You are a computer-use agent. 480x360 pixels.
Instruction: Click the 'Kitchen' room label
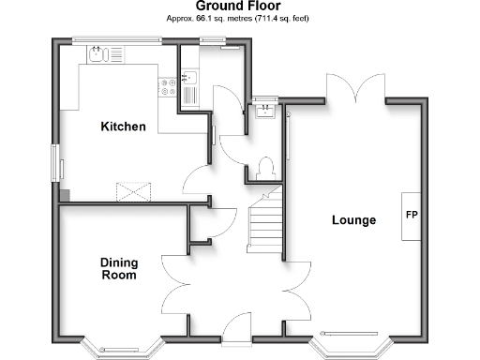[x=123, y=126]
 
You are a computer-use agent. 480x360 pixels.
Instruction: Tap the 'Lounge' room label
[x=353, y=220]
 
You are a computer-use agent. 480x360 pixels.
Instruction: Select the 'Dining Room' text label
[x=119, y=269]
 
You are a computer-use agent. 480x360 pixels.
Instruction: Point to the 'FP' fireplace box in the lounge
[x=411, y=215]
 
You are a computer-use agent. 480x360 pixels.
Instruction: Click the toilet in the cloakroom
[x=264, y=167]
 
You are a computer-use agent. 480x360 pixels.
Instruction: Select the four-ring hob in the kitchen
[x=169, y=86]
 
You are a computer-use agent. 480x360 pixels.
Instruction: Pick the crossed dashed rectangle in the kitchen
[x=136, y=190]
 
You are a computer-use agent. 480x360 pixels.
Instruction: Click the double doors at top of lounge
[x=355, y=88]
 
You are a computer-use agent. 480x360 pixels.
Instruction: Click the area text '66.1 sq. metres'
[x=208, y=18]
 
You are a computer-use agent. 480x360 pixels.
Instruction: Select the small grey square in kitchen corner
[x=65, y=195]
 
